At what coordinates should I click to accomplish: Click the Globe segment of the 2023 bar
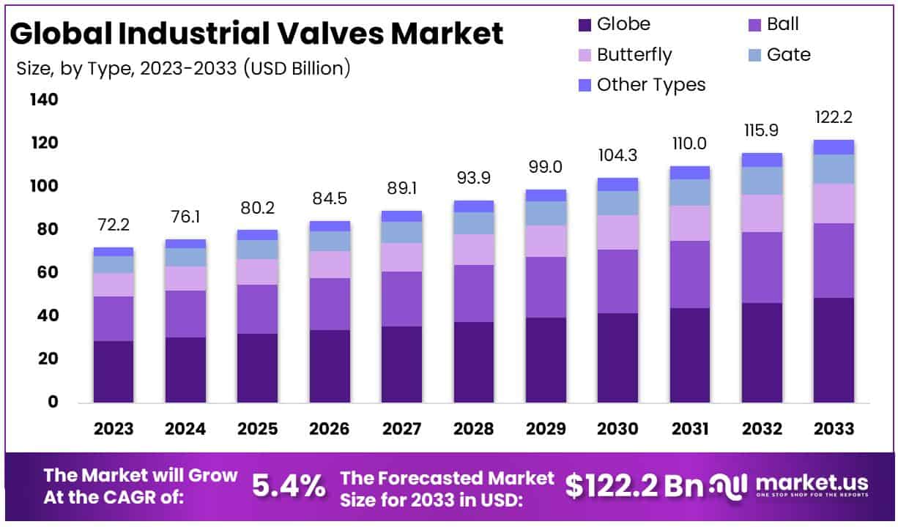coord(114,371)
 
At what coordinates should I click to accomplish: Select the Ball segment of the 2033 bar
coord(834,260)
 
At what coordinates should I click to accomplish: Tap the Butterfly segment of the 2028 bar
coord(473,249)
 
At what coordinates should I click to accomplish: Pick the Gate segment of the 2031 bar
coord(689,192)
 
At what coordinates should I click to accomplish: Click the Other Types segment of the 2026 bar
coord(330,225)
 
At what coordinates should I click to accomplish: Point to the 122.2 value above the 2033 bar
coord(834,118)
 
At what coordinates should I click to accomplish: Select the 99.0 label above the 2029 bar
coord(546,168)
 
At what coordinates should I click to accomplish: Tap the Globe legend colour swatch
coord(585,25)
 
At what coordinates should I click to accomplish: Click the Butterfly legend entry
coord(634,55)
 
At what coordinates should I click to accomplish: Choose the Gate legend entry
coord(788,55)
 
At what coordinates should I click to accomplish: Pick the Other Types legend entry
coord(650,85)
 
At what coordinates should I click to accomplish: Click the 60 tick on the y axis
coord(46,273)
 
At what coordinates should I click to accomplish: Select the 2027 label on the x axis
coord(401,429)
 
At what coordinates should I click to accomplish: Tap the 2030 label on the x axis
coord(617,429)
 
